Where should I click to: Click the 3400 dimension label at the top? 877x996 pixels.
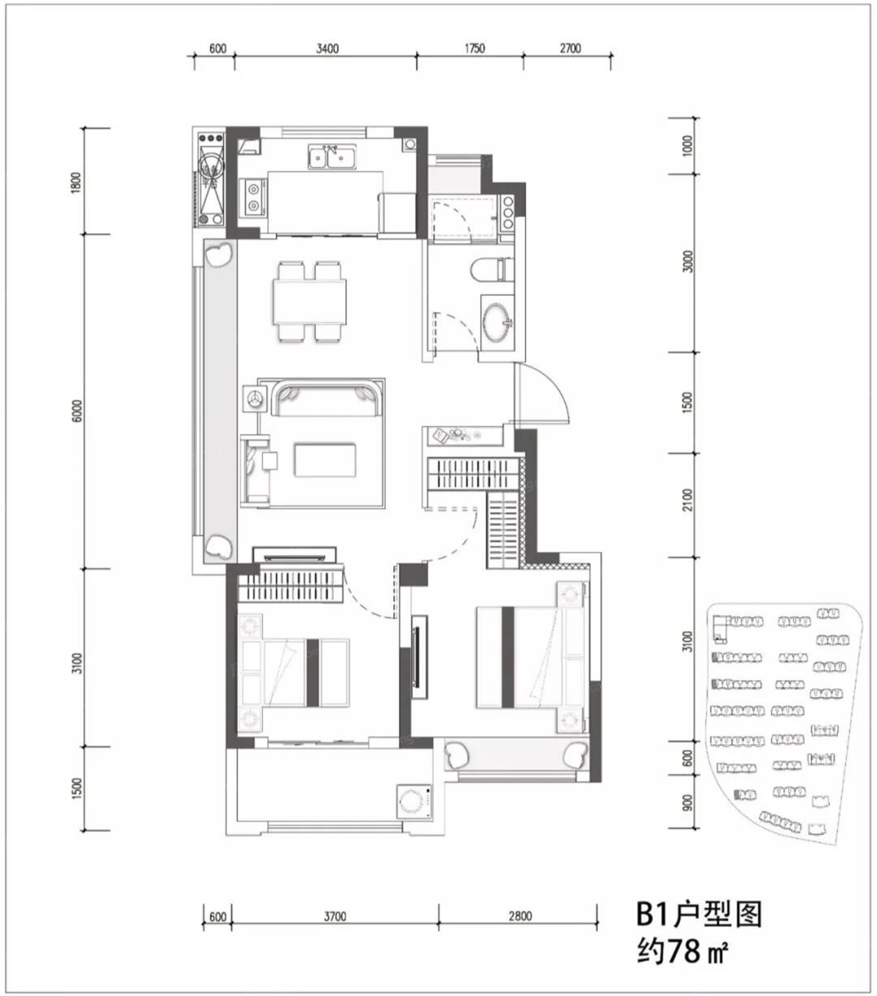327,48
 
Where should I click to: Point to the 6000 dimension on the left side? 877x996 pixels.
78,410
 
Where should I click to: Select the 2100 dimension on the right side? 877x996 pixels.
687,500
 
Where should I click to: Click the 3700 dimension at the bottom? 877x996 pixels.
335,916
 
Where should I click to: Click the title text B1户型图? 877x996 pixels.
699,915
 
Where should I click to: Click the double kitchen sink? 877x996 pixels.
332,157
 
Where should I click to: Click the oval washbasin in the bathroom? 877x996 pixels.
497,323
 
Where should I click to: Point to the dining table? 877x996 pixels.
309,301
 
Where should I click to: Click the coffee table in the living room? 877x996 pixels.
325,460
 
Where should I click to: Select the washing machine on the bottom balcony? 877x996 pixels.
415,801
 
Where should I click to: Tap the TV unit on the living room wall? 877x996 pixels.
294,555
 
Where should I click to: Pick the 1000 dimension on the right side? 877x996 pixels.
687,146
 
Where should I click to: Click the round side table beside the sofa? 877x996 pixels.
255,398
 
